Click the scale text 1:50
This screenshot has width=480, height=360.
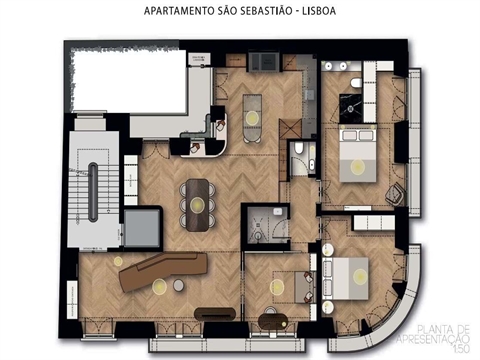point(459,346)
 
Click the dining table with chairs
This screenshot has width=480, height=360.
point(198,203)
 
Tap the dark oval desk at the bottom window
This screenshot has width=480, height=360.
point(274,322)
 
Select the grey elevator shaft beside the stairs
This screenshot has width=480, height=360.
point(142,227)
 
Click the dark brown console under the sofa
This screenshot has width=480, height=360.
point(215,314)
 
